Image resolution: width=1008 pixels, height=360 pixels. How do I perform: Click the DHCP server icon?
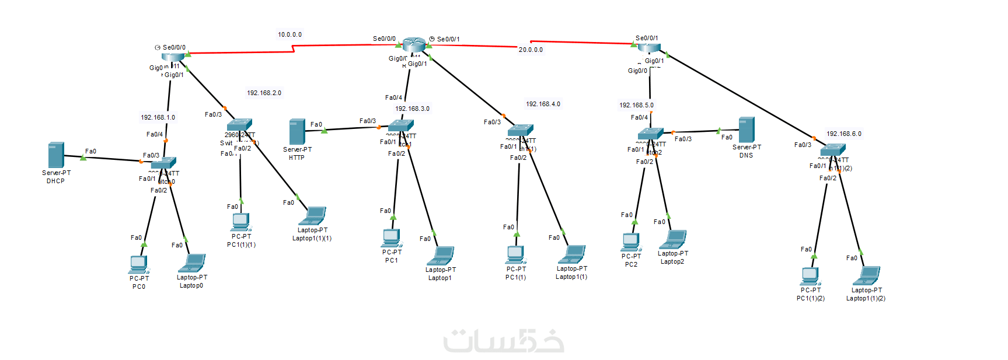point(56,155)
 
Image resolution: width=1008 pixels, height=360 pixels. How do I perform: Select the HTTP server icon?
point(297,132)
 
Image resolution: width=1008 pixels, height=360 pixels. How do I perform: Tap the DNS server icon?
point(746,130)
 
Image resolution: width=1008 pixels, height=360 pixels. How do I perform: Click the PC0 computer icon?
point(138,264)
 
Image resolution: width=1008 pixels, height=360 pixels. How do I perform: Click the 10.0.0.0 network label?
point(290,35)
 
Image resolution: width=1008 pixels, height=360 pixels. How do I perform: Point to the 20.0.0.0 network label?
point(531,50)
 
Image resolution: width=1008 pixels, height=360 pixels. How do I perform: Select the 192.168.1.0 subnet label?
point(158,118)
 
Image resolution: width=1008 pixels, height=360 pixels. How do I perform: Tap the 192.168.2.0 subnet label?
point(264,93)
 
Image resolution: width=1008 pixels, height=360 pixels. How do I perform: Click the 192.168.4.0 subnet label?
point(543,104)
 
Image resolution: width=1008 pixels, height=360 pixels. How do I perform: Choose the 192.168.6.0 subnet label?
point(843,134)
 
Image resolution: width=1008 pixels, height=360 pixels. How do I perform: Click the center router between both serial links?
point(414,44)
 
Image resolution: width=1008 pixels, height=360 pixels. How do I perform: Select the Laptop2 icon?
point(672,239)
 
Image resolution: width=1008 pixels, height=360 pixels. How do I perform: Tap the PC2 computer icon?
point(631,242)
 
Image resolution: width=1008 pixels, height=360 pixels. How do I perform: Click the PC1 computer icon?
point(392,238)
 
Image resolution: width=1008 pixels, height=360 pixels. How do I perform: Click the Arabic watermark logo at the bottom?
point(504,341)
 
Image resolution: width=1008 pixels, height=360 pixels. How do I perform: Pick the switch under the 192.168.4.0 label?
point(520,130)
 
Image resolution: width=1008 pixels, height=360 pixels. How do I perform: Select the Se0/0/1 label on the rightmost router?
point(647,39)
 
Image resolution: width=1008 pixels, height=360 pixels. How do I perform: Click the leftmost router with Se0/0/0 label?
point(173,57)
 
